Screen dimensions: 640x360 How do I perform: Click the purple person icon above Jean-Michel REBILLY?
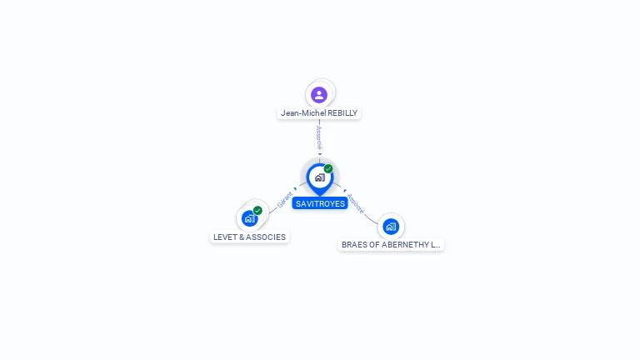(x=319, y=95)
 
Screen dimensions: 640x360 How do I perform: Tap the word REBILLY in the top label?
(x=342, y=113)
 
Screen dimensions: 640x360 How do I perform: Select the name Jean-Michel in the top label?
(x=303, y=113)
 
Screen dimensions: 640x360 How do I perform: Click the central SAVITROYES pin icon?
(x=320, y=179)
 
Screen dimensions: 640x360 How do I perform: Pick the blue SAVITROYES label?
(x=320, y=203)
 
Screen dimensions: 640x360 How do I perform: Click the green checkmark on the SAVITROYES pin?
(x=328, y=168)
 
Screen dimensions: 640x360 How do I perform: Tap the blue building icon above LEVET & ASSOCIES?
(x=249, y=219)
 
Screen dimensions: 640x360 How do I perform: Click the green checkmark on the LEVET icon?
(x=257, y=211)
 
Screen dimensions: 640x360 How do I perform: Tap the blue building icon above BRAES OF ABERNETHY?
(x=391, y=227)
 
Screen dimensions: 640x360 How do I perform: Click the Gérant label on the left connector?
(x=284, y=200)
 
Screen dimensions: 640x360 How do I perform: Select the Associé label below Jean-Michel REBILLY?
(x=319, y=137)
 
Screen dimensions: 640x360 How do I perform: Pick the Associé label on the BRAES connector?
(x=356, y=203)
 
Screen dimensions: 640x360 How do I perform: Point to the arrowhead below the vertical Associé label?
(x=320, y=154)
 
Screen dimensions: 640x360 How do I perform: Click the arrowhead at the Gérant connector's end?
(x=295, y=188)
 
